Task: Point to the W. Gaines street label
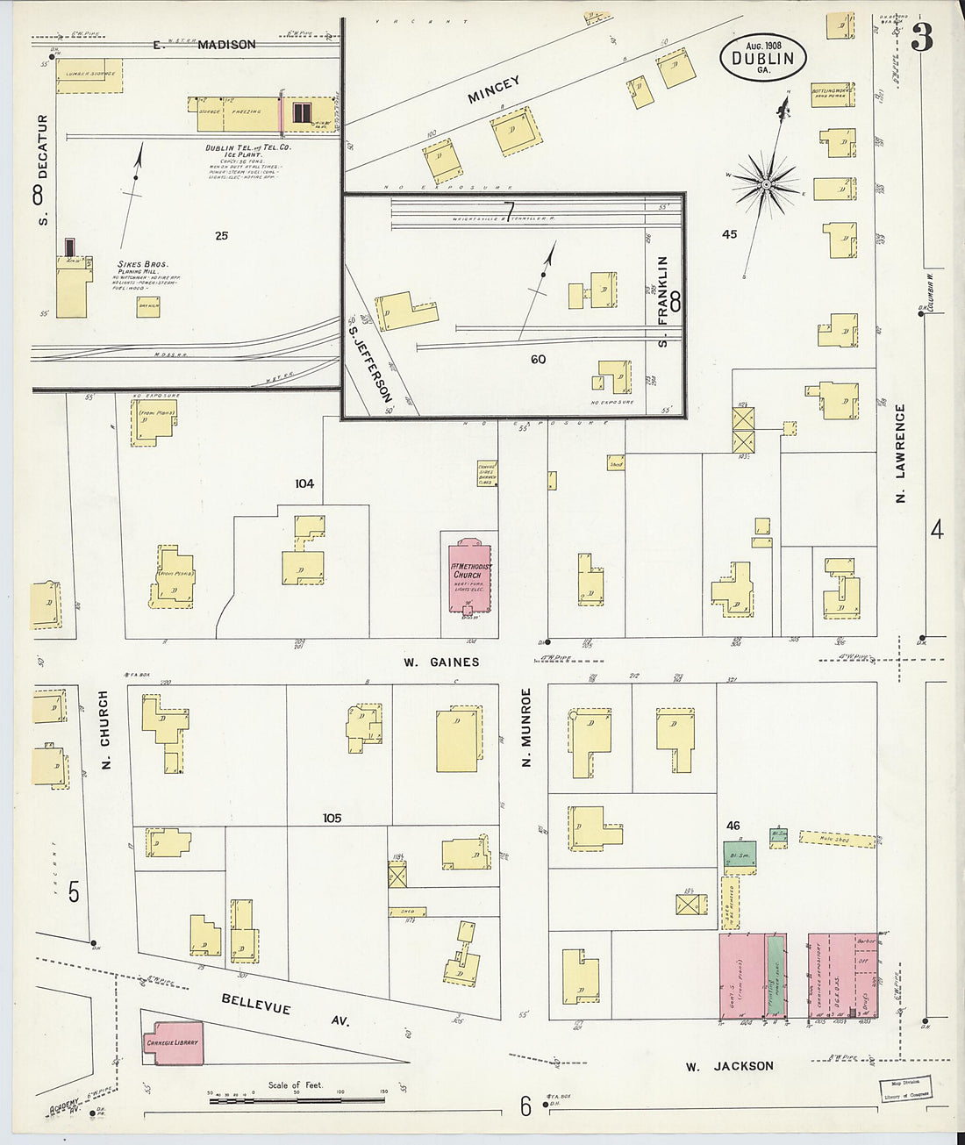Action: pyautogui.click(x=441, y=662)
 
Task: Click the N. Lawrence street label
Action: pyautogui.click(x=900, y=453)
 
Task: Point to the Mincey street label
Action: pyautogui.click(x=494, y=89)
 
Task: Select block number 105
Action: pyautogui.click(x=331, y=818)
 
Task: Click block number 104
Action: pyautogui.click(x=304, y=483)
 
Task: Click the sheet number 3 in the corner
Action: pyautogui.click(x=921, y=38)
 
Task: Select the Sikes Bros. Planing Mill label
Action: pyautogui.click(x=143, y=268)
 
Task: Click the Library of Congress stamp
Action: pyautogui.click(x=906, y=1090)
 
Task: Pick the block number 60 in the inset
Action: pyautogui.click(x=537, y=359)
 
